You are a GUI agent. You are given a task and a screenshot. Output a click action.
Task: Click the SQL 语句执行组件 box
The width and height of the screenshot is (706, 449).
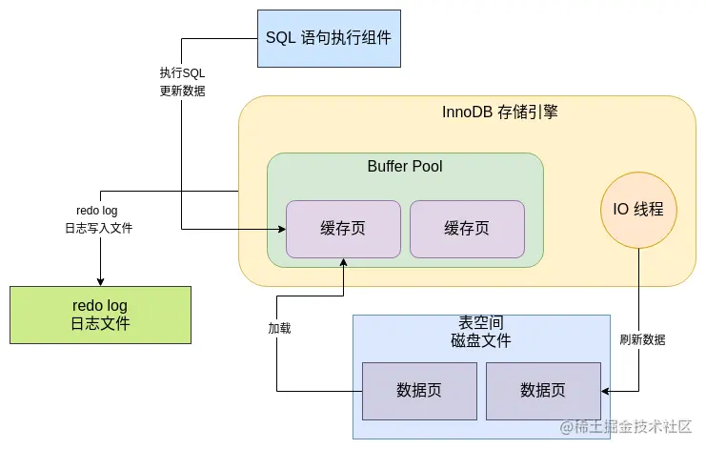(329, 38)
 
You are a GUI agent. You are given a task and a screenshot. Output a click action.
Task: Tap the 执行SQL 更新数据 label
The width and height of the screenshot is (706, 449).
(182, 82)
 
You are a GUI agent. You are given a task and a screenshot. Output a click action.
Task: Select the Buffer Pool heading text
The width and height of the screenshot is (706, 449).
(405, 167)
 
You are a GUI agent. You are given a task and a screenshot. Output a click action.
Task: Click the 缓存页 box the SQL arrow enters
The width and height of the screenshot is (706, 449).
(343, 229)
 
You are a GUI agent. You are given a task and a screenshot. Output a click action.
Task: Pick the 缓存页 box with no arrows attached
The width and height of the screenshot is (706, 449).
(467, 229)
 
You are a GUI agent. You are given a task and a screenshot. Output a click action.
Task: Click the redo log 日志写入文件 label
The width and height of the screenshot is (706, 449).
(97, 219)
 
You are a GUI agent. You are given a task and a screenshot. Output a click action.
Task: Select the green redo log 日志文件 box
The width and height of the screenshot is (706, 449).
(100, 315)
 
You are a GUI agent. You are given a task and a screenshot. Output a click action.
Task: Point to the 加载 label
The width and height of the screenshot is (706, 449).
(279, 328)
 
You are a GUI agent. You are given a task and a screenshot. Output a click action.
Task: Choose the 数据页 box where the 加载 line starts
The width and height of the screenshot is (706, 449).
(419, 390)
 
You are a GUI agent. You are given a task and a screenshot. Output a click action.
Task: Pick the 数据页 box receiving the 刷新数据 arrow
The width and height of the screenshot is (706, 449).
(543, 390)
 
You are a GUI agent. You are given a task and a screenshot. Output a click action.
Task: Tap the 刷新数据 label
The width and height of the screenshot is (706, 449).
(642, 339)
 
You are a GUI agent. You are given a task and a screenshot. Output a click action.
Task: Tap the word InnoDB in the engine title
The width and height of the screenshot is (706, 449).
(467, 112)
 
